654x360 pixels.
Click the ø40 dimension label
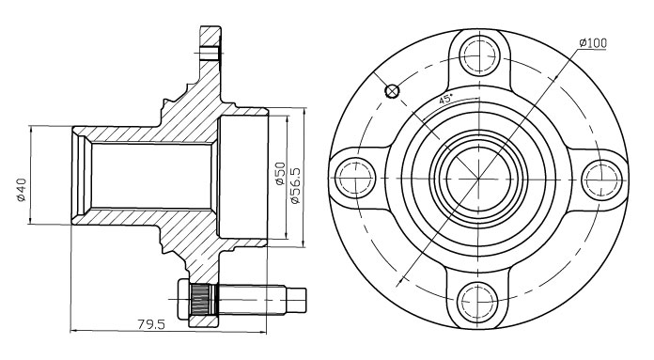pos(22,190)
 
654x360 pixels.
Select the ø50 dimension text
pos(280,174)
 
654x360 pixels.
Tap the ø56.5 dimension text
pos(295,185)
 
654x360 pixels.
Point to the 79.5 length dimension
pos(151,323)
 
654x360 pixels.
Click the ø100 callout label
pos(593,42)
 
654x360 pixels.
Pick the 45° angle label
pos(445,100)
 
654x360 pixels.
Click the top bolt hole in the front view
pos(478,55)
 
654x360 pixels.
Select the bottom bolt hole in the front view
pos(477,301)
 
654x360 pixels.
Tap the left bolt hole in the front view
pos(355,179)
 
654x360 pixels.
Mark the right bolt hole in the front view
pos(600,180)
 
